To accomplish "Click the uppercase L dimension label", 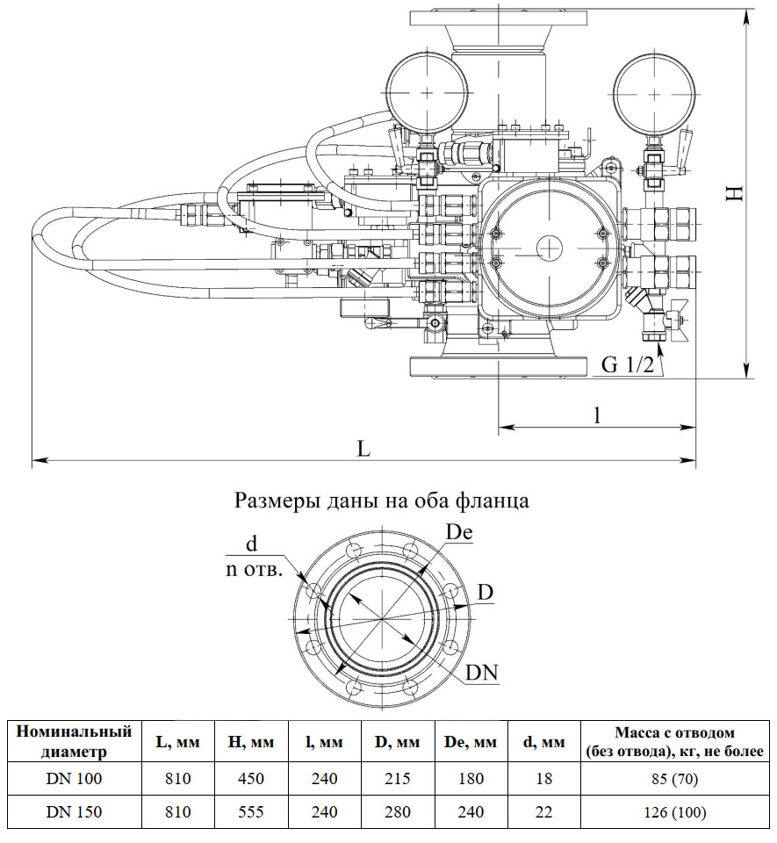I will [x=364, y=448].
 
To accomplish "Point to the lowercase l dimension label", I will [x=597, y=415].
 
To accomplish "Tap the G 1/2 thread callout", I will [x=628, y=365].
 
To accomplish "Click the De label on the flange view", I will [x=460, y=532].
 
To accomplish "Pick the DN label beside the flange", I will [x=482, y=674].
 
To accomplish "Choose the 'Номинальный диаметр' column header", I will [x=75, y=741].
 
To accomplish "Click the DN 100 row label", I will [x=75, y=779].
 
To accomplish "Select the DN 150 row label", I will [x=75, y=812].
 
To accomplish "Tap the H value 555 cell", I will [x=252, y=812].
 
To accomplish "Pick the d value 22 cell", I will [x=544, y=812].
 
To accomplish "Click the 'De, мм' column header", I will [x=471, y=742].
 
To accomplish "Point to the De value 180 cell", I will [x=471, y=779].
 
